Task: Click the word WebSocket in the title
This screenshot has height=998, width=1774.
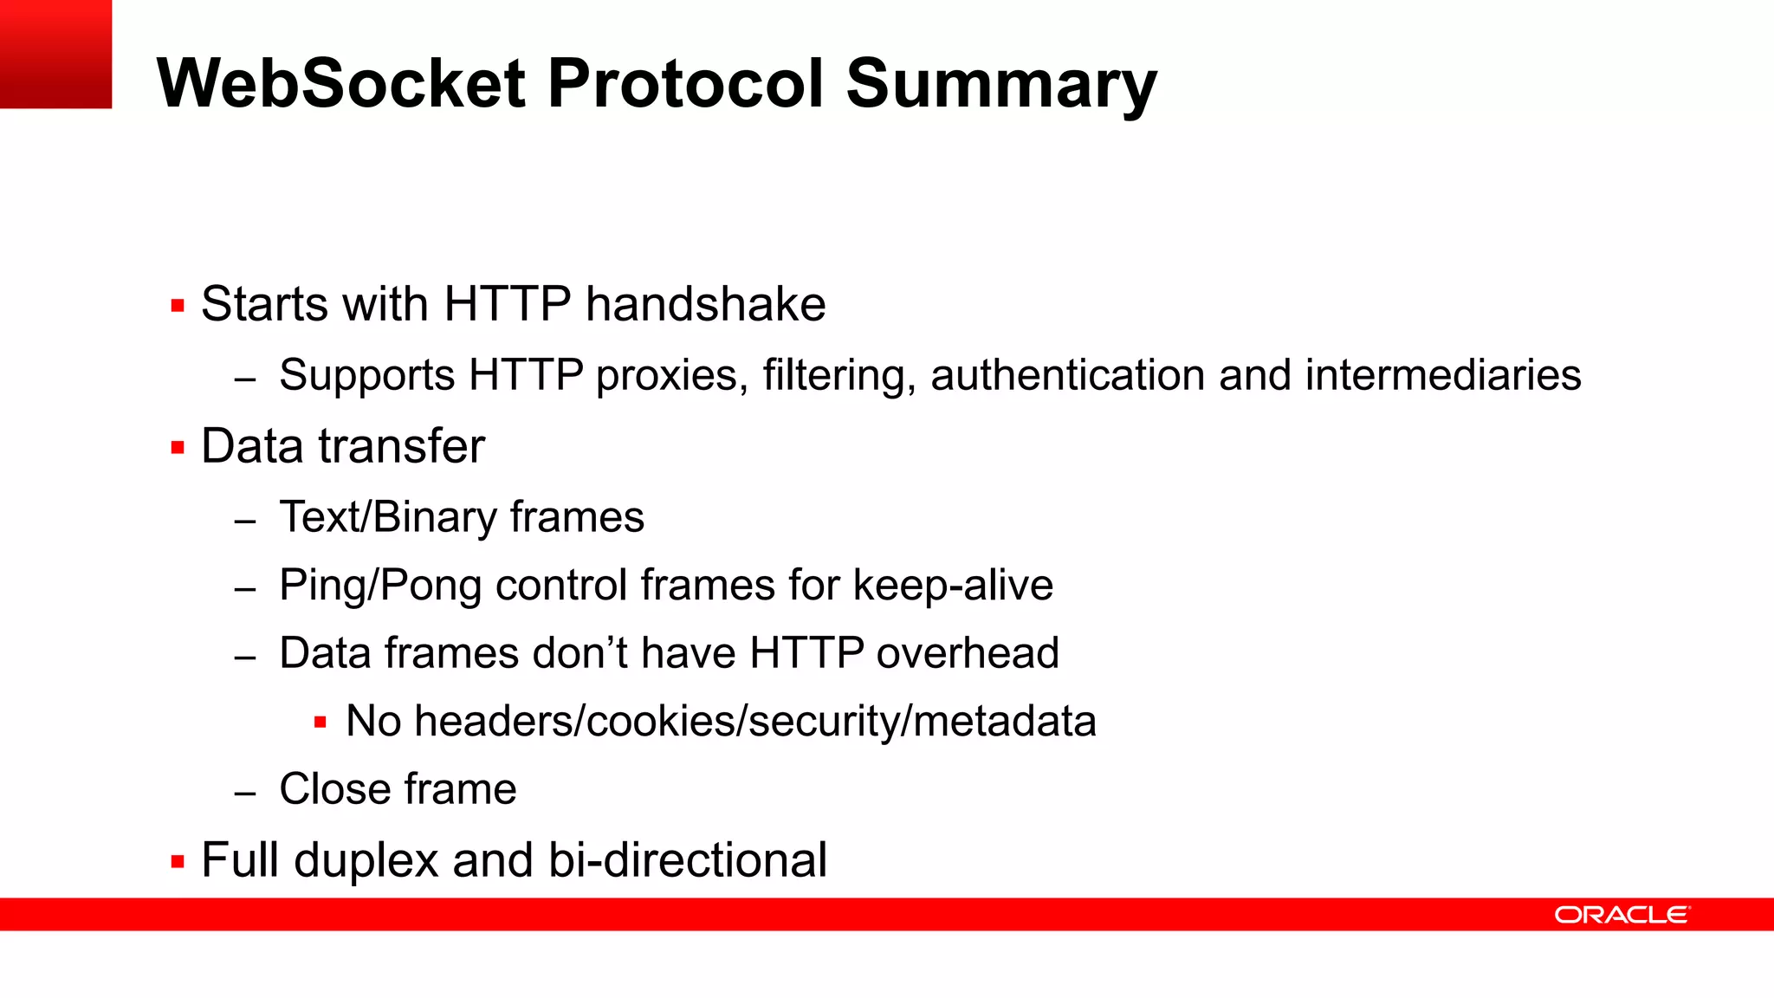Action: [340, 83]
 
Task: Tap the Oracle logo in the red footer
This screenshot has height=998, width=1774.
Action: [1622, 915]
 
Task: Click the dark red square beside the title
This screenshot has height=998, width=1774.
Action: [55, 54]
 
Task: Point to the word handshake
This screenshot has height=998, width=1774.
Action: [705, 304]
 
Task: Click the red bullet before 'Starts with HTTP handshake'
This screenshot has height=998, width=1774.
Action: [178, 306]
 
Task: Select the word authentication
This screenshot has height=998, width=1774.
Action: [1067, 375]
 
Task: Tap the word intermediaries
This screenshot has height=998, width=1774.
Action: [1442, 375]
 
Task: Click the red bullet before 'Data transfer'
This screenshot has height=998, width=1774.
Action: [178, 448]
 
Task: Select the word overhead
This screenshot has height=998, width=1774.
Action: [967, 653]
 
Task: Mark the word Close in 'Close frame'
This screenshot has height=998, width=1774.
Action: [333, 789]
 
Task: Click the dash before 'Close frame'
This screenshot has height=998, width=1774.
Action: [245, 793]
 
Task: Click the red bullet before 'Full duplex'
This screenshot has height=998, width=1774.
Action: [178, 862]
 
